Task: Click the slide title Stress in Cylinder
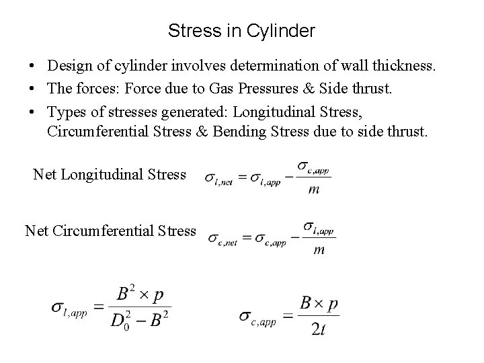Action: coord(241,31)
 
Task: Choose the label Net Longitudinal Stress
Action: coord(110,175)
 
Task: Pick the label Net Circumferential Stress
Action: coord(110,231)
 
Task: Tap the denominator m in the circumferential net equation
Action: coord(319,250)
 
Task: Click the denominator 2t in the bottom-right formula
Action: coord(319,329)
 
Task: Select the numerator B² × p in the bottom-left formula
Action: coord(142,294)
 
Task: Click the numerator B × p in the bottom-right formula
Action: coord(319,304)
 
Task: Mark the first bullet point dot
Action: coord(32,68)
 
